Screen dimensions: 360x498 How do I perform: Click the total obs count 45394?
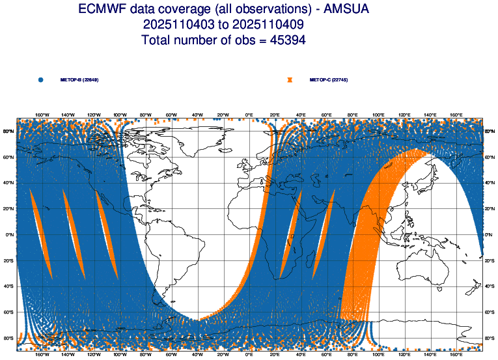click(x=281, y=40)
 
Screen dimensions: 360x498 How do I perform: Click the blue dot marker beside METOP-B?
click(x=41, y=79)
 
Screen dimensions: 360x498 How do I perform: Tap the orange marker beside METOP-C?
click(x=290, y=79)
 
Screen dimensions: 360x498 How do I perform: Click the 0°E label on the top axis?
click(x=249, y=115)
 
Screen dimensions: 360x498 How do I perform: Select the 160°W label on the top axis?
click(x=42, y=115)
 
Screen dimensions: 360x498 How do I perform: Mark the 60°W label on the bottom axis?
click(x=172, y=355)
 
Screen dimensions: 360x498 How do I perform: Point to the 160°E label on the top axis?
click(x=456, y=115)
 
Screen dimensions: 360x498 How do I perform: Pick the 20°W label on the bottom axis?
click(x=223, y=355)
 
